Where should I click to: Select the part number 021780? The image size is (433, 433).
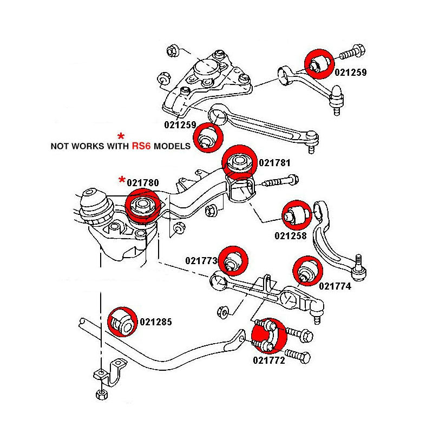click(x=143, y=183)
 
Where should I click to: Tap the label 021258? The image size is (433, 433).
click(x=291, y=235)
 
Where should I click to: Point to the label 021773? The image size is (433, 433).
click(x=201, y=261)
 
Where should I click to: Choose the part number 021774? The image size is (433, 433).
click(x=336, y=286)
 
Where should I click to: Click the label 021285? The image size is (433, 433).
click(x=155, y=322)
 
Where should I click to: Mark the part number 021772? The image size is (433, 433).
click(x=269, y=359)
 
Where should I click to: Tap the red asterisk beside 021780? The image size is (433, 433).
click(x=122, y=181)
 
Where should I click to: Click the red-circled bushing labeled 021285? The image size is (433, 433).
click(x=122, y=322)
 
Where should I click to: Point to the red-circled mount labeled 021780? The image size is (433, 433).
click(x=142, y=208)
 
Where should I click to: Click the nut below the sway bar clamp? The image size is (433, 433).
click(x=100, y=393)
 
